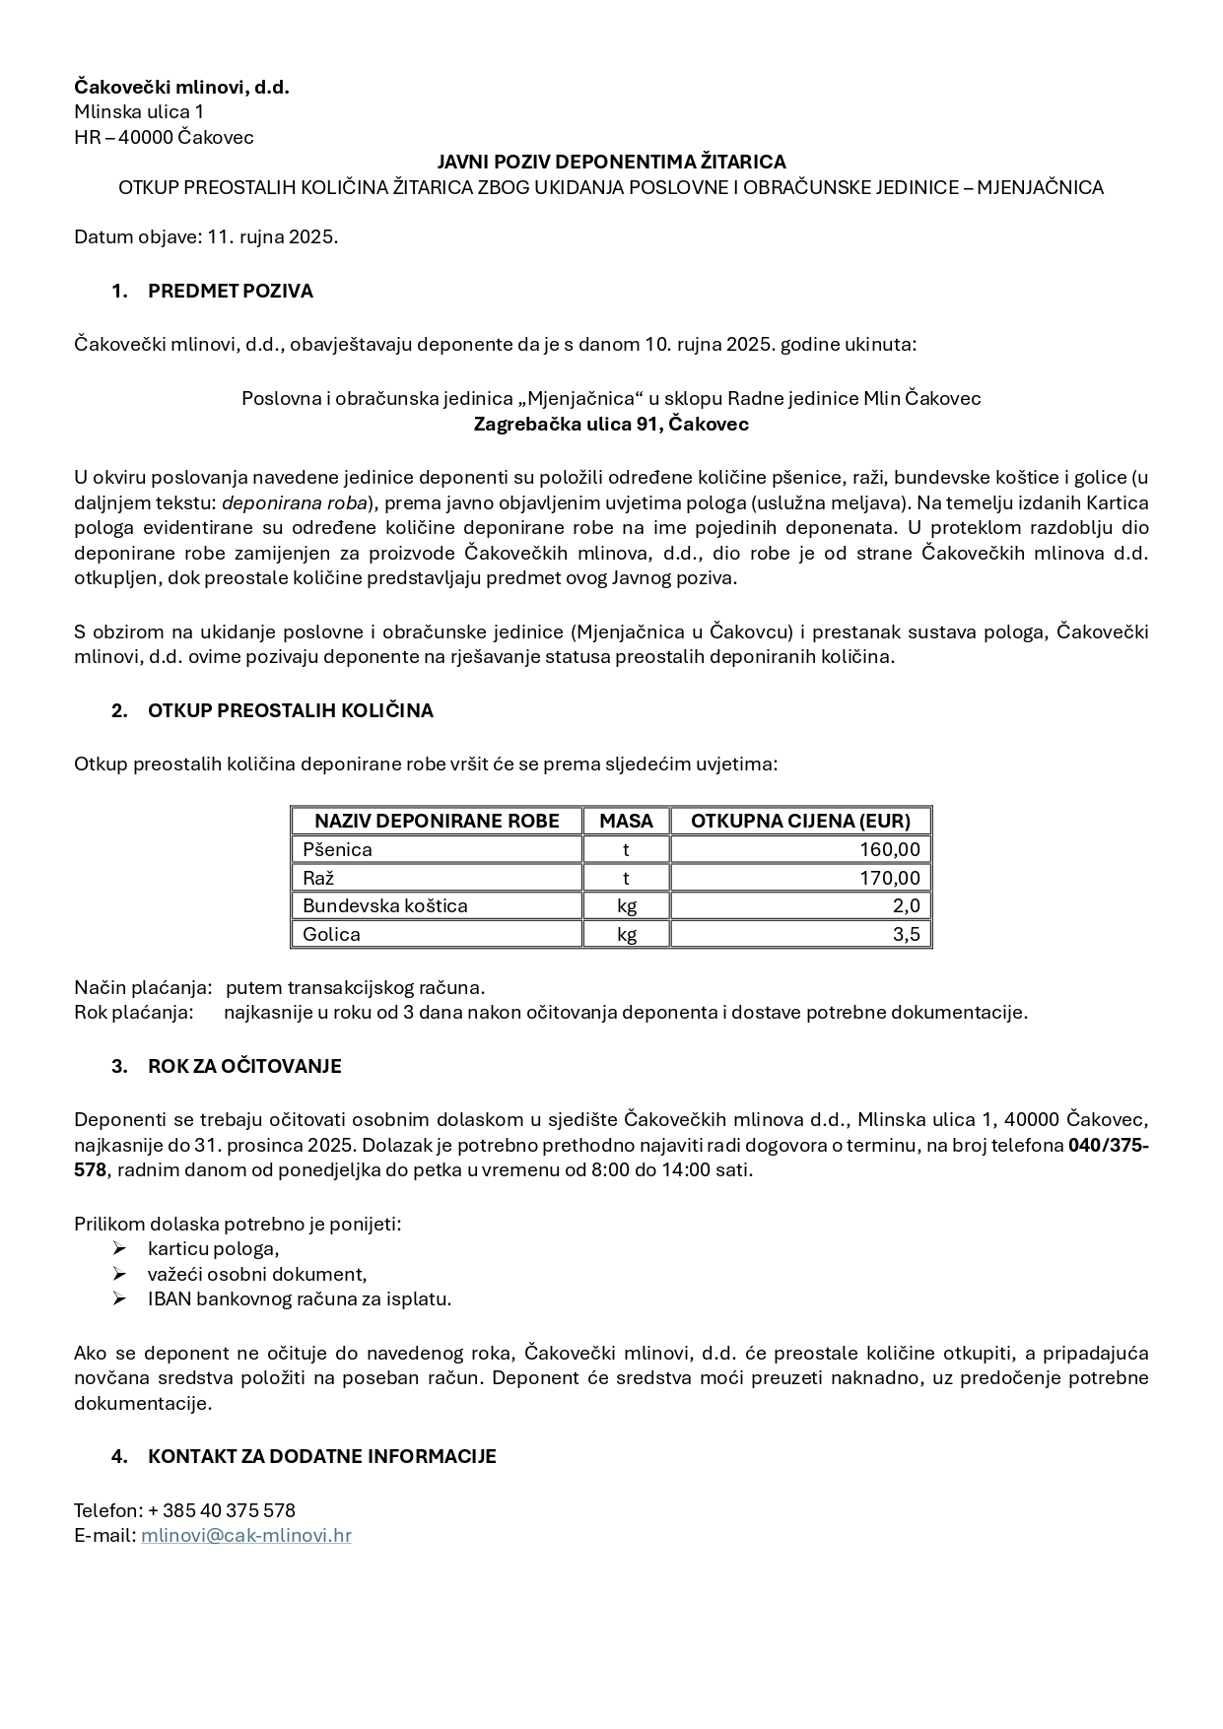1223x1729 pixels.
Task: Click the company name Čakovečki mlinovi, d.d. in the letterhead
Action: tap(181, 88)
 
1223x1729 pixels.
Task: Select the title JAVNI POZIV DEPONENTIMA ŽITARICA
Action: tap(611, 162)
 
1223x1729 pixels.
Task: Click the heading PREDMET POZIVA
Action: tap(230, 291)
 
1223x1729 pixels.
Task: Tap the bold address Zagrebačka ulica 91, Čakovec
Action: tap(611, 425)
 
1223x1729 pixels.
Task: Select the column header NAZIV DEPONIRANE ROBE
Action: tap(437, 821)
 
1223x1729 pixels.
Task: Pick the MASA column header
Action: tap(626, 821)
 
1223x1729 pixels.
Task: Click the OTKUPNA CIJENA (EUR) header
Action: tap(800, 821)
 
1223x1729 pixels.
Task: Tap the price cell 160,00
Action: tap(890, 849)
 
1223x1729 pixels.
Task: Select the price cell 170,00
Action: tap(890, 878)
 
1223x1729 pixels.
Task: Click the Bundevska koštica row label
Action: tap(385, 905)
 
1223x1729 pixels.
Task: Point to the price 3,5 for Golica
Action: tap(906, 934)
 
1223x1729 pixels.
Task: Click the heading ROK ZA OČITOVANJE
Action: tap(244, 1066)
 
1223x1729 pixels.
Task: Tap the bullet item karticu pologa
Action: tap(213, 1249)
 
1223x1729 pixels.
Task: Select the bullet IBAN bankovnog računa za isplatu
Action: tap(300, 1298)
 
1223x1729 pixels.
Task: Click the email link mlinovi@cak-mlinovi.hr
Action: tap(246, 1535)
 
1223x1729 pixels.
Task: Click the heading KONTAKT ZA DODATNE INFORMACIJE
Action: tap(321, 1456)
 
